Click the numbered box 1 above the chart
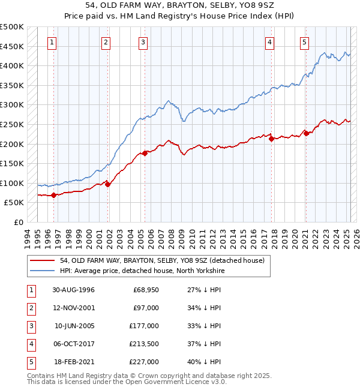(x=53, y=42)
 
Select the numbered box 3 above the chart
(x=143, y=42)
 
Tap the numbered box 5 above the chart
(x=305, y=42)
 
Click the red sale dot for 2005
(x=145, y=153)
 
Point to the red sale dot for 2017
(x=272, y=139)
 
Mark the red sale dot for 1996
(x=53, y=195)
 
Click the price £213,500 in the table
(x=145, y=344)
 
